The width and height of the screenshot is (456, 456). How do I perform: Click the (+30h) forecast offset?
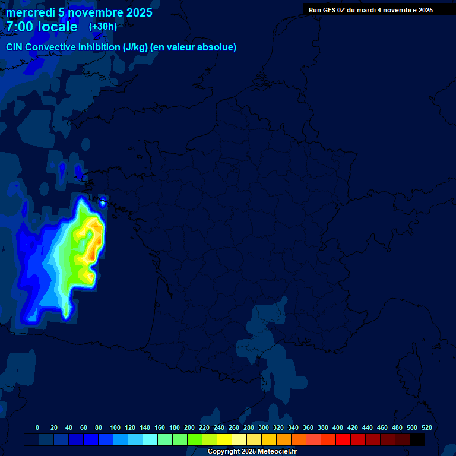pyautogui.click(x=103, y=27)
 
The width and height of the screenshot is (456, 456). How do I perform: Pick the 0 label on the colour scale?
pyautogui.click(x=37, y=427)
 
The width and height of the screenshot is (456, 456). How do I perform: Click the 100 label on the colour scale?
pyautogui.click(x=115, y=427)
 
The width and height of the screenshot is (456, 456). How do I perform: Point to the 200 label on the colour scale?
pyautogui.click(x=189, y=427)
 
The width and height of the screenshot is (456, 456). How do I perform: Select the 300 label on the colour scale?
pyautogui.click(x=264, y=427)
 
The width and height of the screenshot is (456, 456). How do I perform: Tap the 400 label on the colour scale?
pyautogui.click(x=338, y=427)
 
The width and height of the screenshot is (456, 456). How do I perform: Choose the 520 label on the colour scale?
pyautogui.click(x=427, y=427)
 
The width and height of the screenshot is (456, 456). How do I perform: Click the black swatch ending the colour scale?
pyautogui.click(x=417, y=439)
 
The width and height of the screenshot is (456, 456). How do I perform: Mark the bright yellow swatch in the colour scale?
pyautogui.click(x=224, y=439)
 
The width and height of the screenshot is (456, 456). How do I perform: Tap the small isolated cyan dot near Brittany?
pyautogui.click(x=103, y=203)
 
